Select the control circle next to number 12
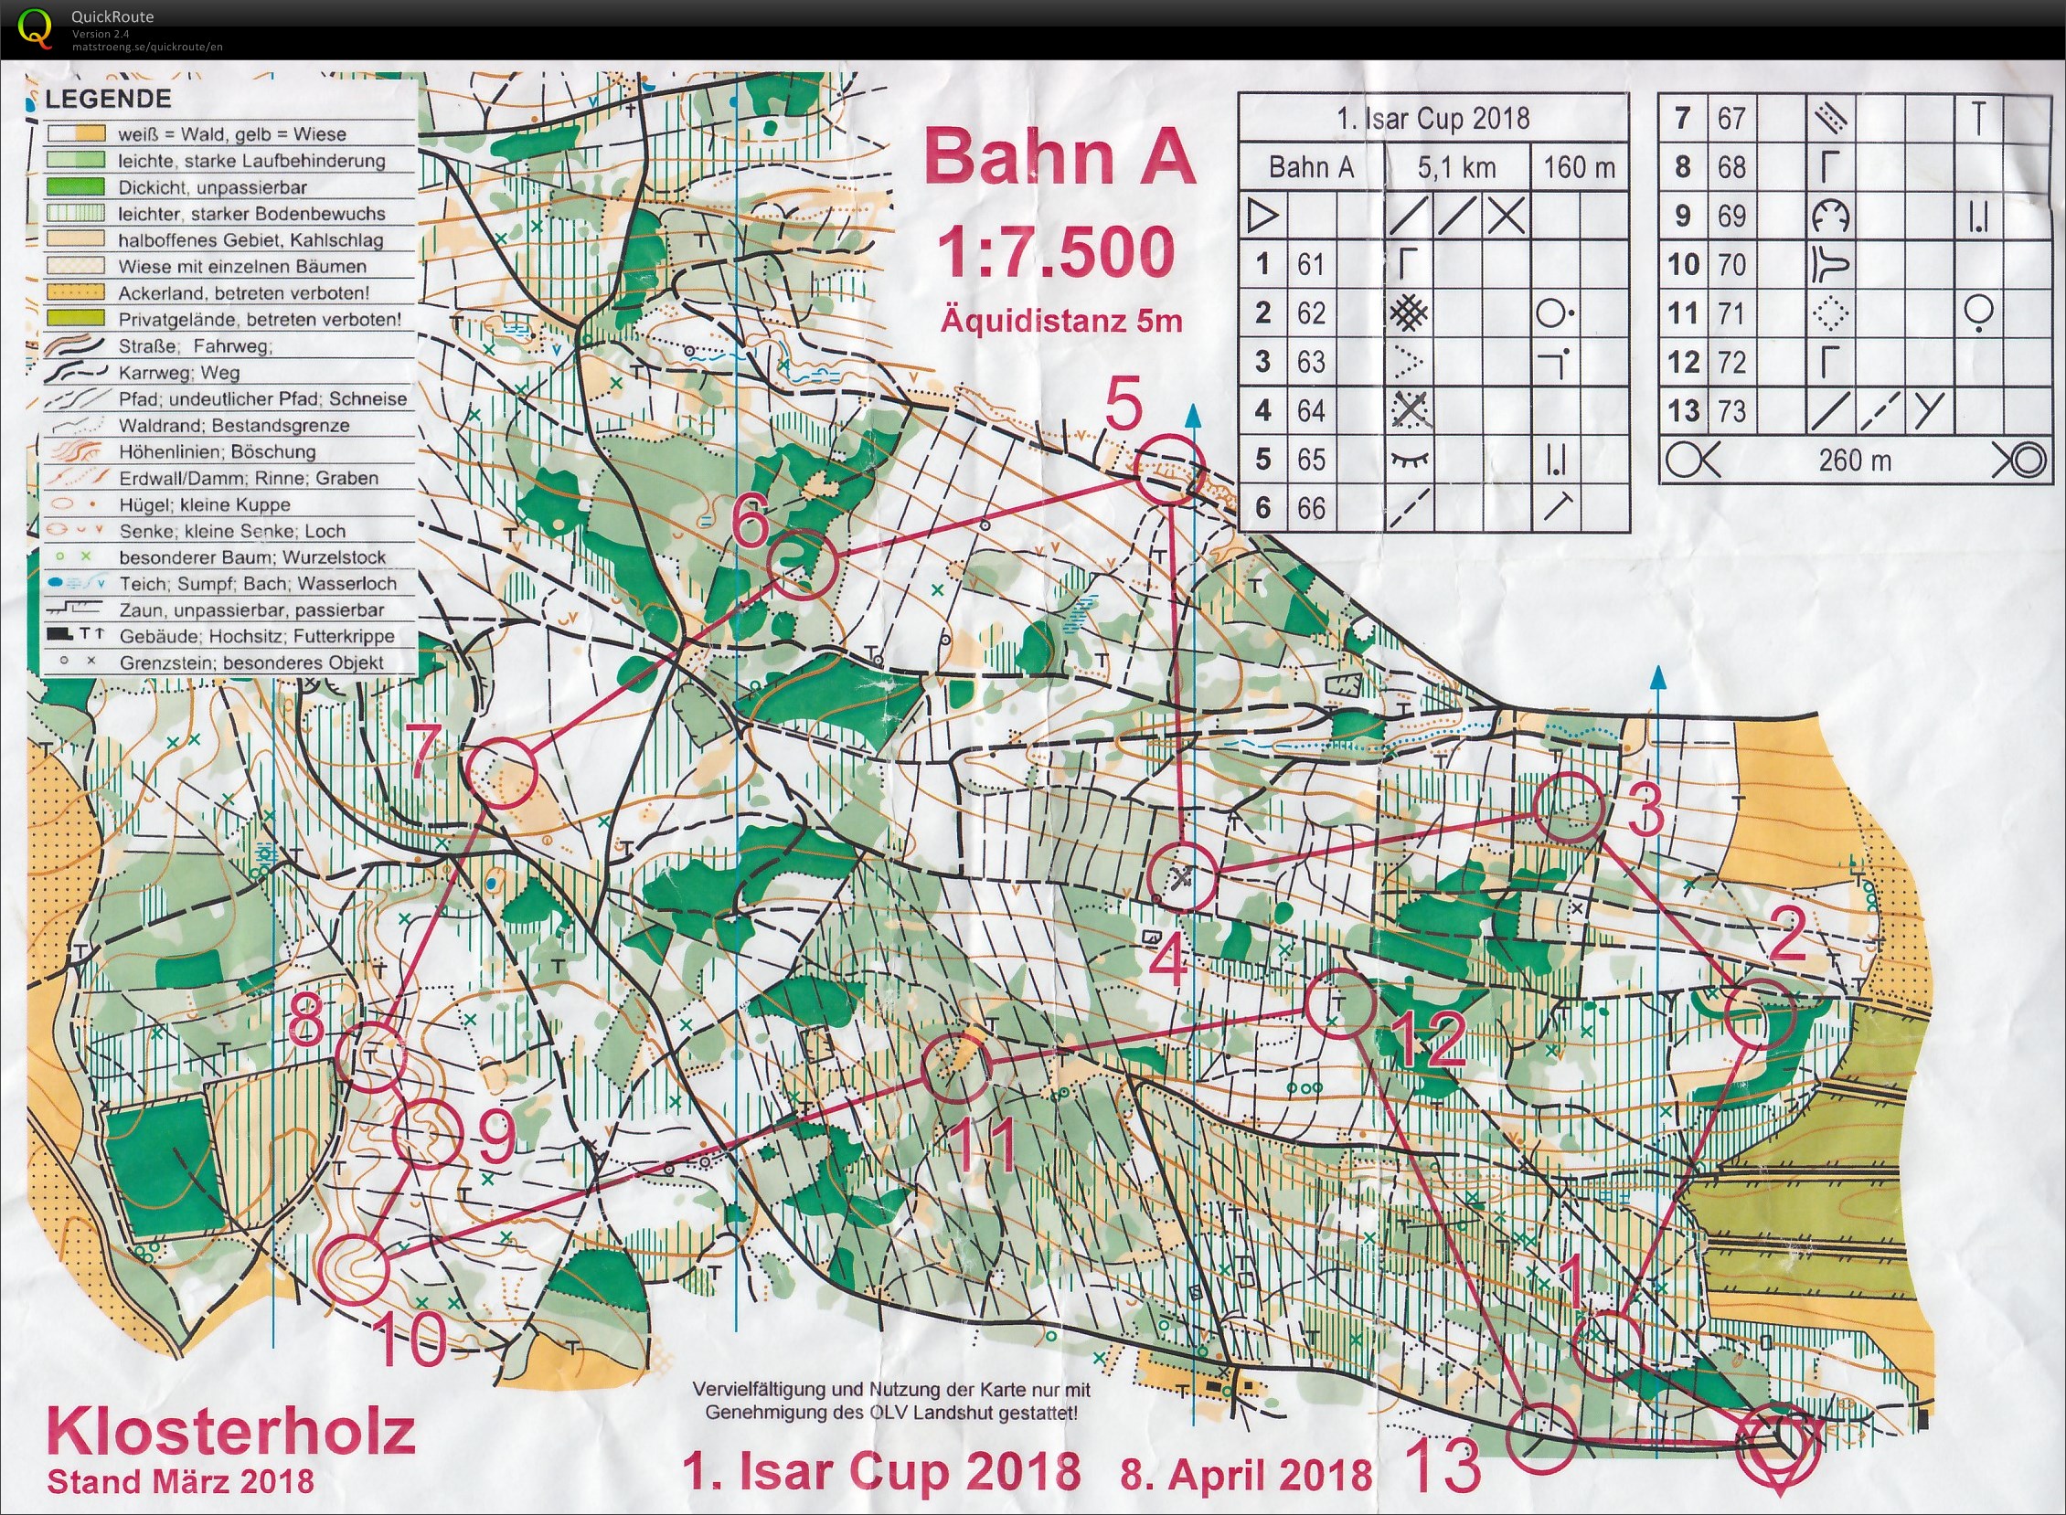coord(1339,1003)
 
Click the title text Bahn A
coord(1060,157)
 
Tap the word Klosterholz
coord(231,1432)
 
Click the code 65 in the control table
coord(1311,459)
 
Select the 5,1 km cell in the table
coord(1456,167)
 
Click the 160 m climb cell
coord(1579,167)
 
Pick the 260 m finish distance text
coord(1855,460)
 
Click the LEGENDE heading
coord(108,99)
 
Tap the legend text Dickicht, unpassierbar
coord(212,187)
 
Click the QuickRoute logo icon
coord(36,27)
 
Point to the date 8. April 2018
coord(1246,1475)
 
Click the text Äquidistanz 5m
coord(1060,321)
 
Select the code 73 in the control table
coord(1731,411)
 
